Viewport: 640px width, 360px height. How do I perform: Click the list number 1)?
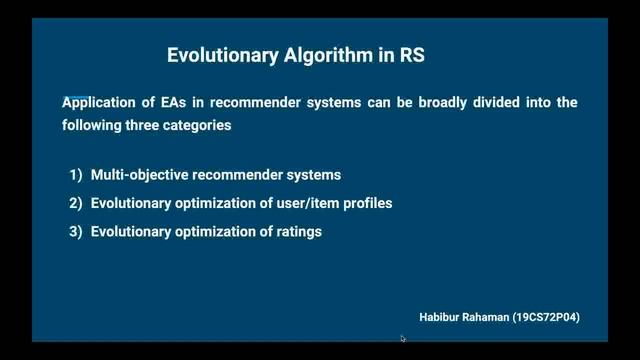[76, 175]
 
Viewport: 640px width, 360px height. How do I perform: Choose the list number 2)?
[76, 203]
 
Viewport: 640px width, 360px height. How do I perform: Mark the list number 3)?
[76, 232]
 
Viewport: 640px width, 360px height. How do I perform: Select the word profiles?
[364, 203]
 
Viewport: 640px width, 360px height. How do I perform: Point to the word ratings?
[296, 232]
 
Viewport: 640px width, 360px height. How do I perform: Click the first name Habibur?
[441, 316]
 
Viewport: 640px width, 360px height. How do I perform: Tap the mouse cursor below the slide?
[403, 339]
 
